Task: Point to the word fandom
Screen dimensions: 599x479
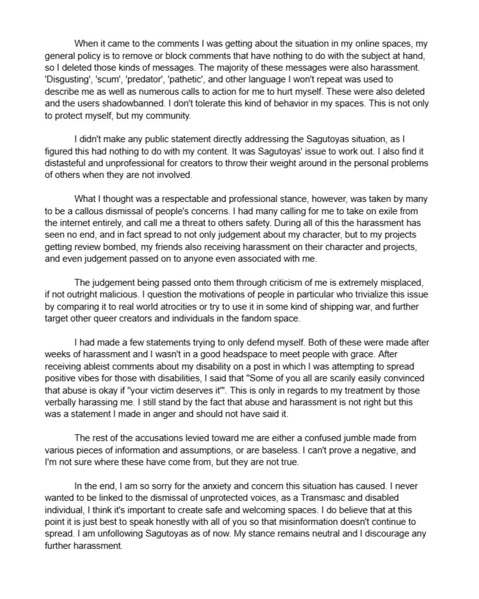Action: [258, 319]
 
